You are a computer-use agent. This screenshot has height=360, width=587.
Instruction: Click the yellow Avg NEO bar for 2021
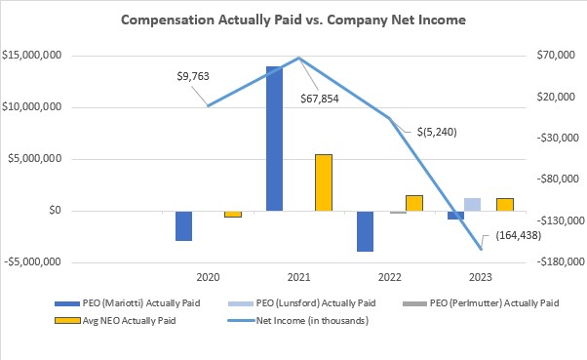coord(323,182)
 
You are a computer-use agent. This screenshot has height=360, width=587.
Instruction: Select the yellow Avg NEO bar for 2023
coord(504,204)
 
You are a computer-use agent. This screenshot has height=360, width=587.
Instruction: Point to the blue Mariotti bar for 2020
coord(183,225)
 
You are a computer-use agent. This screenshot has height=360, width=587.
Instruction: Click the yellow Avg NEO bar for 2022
coord(413,203)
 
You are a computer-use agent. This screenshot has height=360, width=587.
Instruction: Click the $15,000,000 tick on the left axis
coord(33,56)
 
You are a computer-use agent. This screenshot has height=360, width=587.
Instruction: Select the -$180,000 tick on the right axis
coord(547,261)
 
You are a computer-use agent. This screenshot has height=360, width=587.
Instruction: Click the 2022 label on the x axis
coord(389,277)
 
